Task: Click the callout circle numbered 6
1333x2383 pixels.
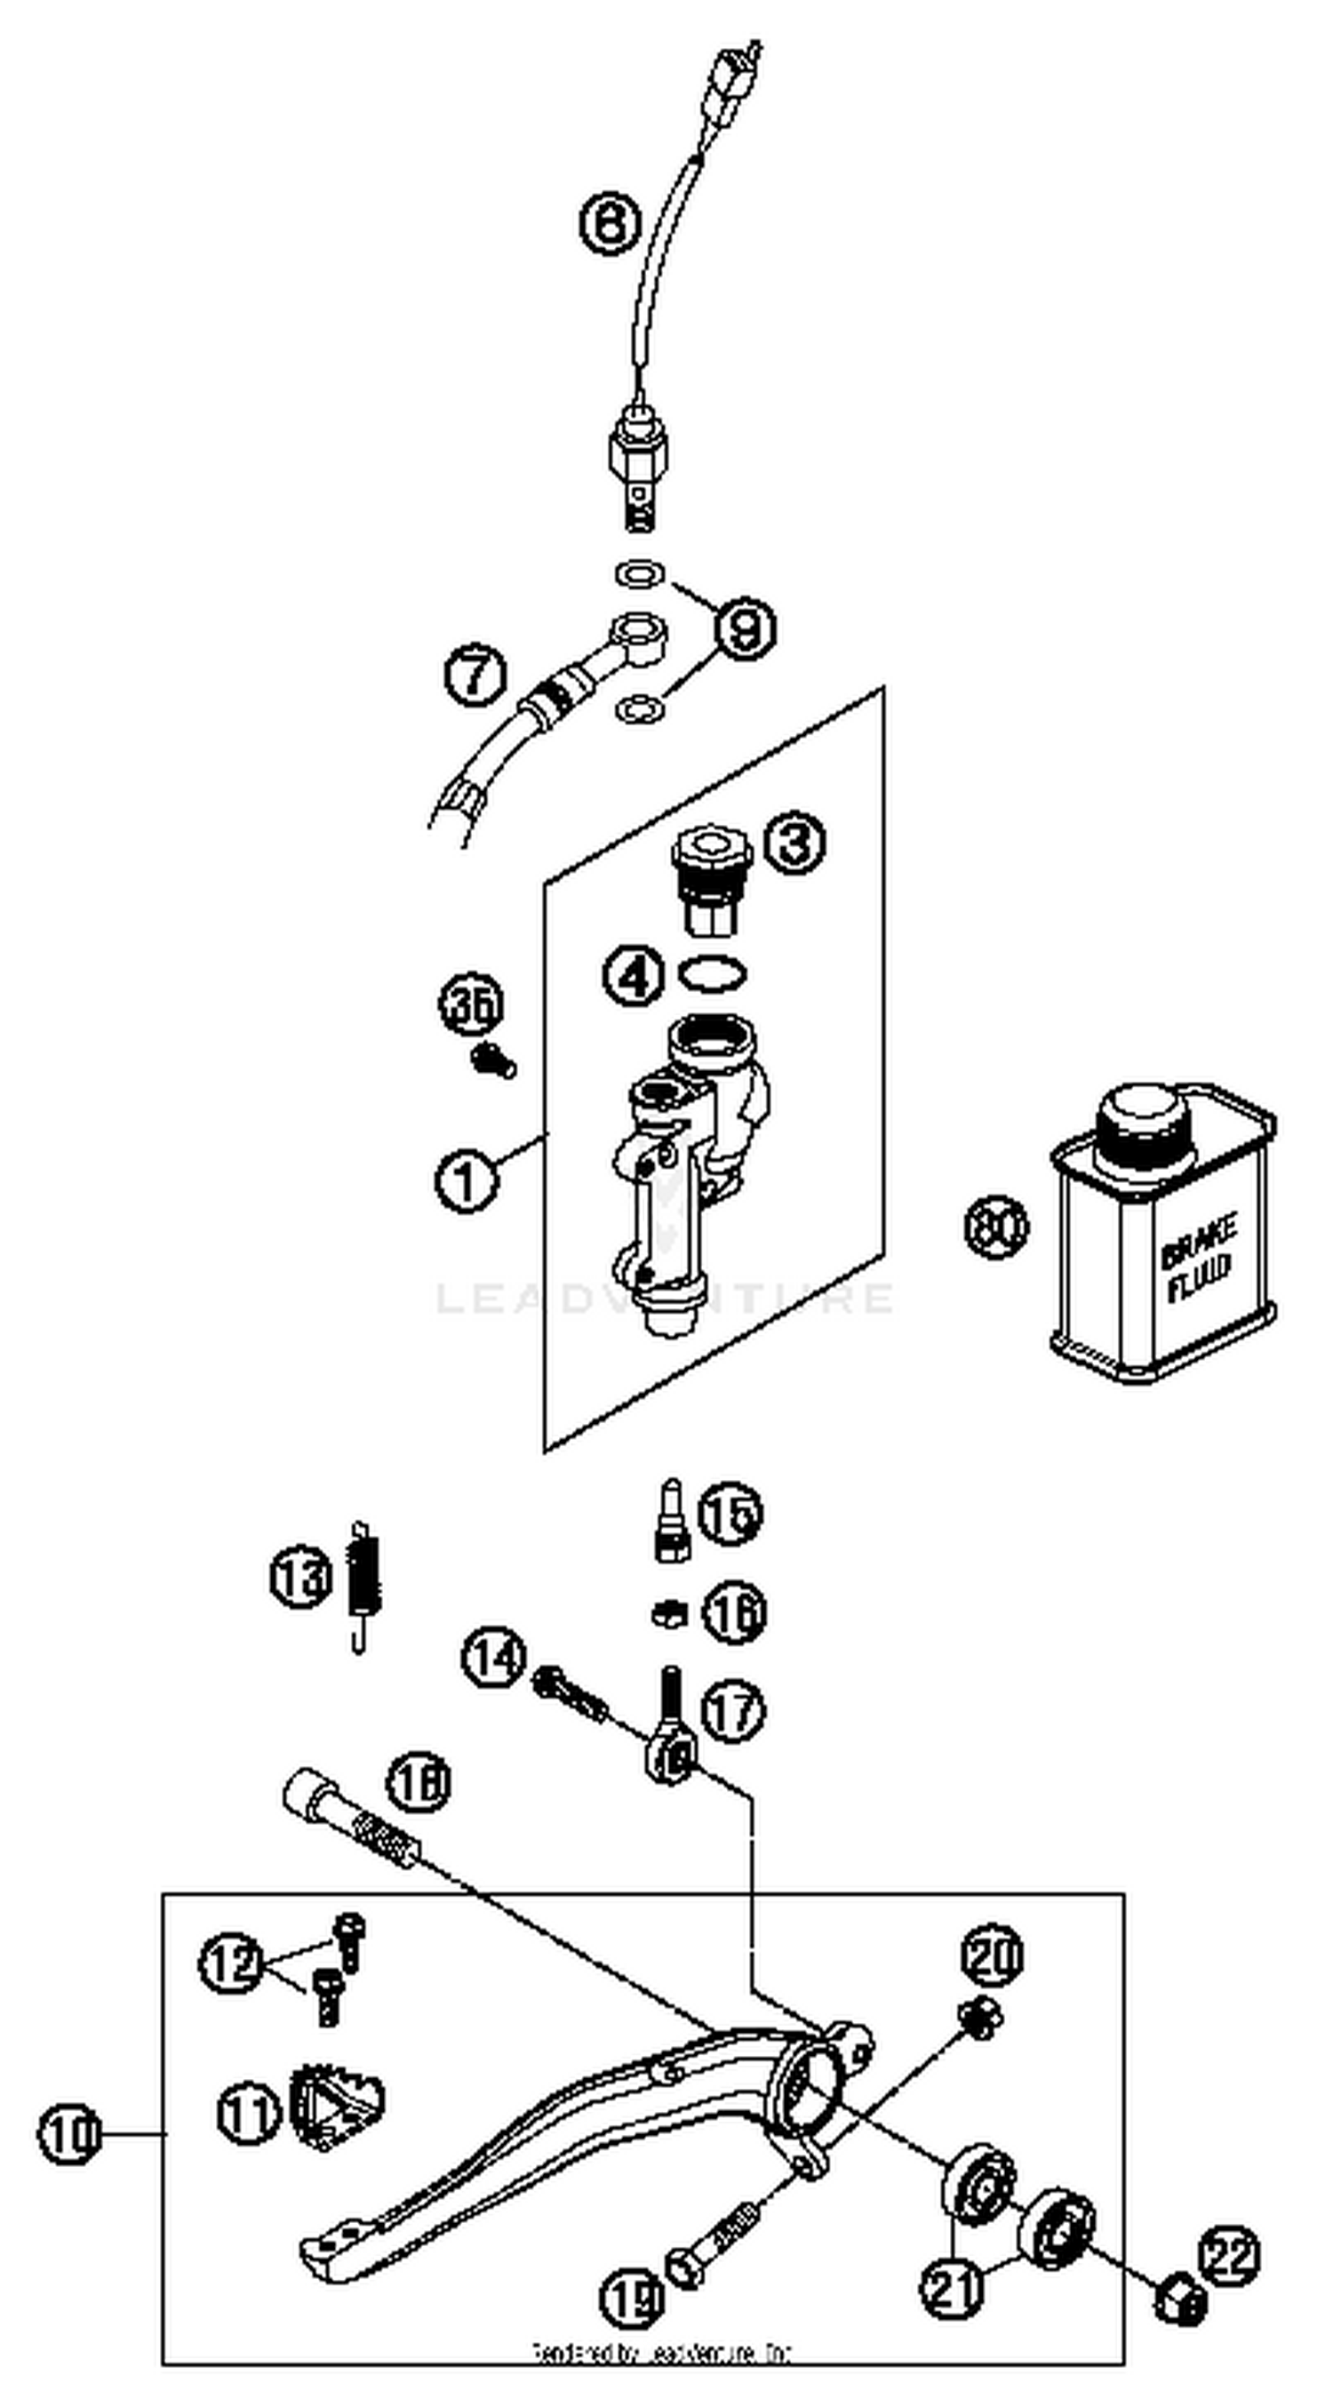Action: (610, 223)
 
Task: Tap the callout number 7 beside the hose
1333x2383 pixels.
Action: (475, 676)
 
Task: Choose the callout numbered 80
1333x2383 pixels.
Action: (996, 1226)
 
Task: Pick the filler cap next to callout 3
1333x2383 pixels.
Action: (711, 879)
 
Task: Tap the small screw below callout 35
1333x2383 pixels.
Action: (494, 1061)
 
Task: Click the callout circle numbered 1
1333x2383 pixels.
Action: (467, 1180)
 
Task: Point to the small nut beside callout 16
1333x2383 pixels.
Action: (668, 1614)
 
